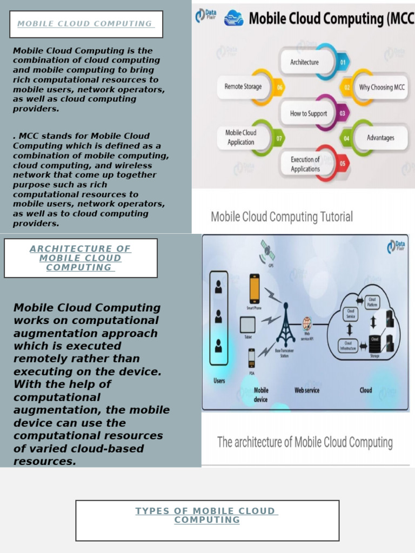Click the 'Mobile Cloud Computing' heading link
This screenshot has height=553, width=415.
coord(85,24)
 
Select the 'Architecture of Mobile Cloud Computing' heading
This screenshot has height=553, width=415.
coord(80,258)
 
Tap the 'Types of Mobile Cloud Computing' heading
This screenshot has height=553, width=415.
coord(206,515)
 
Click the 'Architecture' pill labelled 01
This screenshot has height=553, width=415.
coord(305,62)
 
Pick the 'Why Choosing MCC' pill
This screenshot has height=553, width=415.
coord(381,87)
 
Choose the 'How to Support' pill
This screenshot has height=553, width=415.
coord(309,113)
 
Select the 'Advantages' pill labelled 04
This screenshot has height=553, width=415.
coord(380,138)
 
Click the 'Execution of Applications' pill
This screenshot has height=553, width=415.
coord(306,164)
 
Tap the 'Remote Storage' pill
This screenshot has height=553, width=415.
coord(243,86)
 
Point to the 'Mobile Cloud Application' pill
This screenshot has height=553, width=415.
coord(242,137)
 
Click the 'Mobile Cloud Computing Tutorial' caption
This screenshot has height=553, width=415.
coord(282,217)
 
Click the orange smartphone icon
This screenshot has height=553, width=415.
coord(254,289)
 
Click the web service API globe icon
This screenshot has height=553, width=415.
coord(307,323)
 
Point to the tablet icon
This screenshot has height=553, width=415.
coord(247,325)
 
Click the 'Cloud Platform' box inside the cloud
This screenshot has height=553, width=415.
coord(372,302)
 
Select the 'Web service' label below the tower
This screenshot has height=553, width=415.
coord(306,390)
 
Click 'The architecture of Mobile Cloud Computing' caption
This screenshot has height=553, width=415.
coord(305,442)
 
